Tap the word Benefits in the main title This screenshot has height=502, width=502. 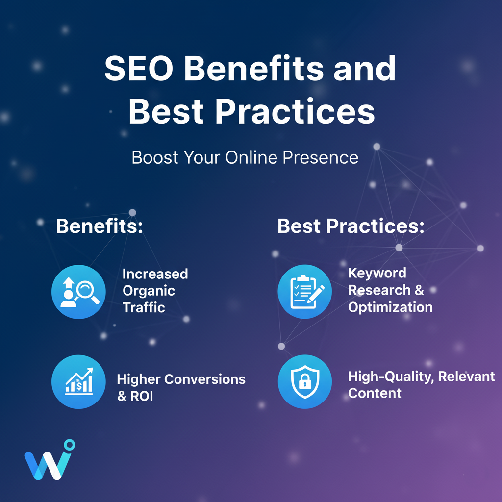pyautogui.click(x=254, y=69)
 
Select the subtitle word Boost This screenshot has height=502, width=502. pyautogui.click(x=154, y=158)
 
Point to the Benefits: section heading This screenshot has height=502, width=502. pyautogui.click(x=99, y=226)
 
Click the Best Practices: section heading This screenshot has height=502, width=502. pyautogui.click(x=351, y=226)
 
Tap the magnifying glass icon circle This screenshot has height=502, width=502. pyautogui.click(x=78, y=292)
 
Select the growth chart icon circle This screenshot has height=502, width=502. pyautogui.click(x=78, y=382)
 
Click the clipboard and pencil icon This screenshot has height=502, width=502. pyautogui.click(x=304, y=292)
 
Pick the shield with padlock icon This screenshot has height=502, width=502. pyautogui.click(x=304, y=382)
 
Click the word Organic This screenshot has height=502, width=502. pyautogui.click(x=149, y=291)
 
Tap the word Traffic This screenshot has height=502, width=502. pyautogui.click(x=144, y=307)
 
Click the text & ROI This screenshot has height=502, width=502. pyautogui.click(x=135, y=396)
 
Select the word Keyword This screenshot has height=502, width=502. pyautogui.click(x=377, y=273)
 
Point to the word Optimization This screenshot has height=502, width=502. pyautogui.click(x=390, y=307)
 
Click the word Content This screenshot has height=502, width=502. pyautogui.click(x=375, y=393)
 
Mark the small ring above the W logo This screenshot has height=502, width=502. pyautogui.click(x=70, y=444)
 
